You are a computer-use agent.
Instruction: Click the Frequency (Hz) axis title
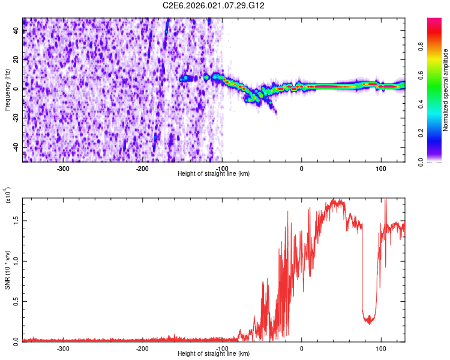[7, 90]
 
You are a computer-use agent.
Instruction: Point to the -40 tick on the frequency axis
[16, 147]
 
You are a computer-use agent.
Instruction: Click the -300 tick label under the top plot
[63, 168]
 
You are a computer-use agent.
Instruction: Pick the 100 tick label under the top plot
[380, 168]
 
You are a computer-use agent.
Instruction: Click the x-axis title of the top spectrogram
[214, 173]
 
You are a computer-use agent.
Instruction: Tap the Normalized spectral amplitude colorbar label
[445, 90]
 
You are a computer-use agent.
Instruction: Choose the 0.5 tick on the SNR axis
[16, 301]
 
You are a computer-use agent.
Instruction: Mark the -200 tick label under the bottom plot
[142, 348]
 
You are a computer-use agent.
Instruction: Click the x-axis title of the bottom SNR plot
[214, 353]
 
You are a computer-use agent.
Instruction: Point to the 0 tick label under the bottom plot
[301, 348]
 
